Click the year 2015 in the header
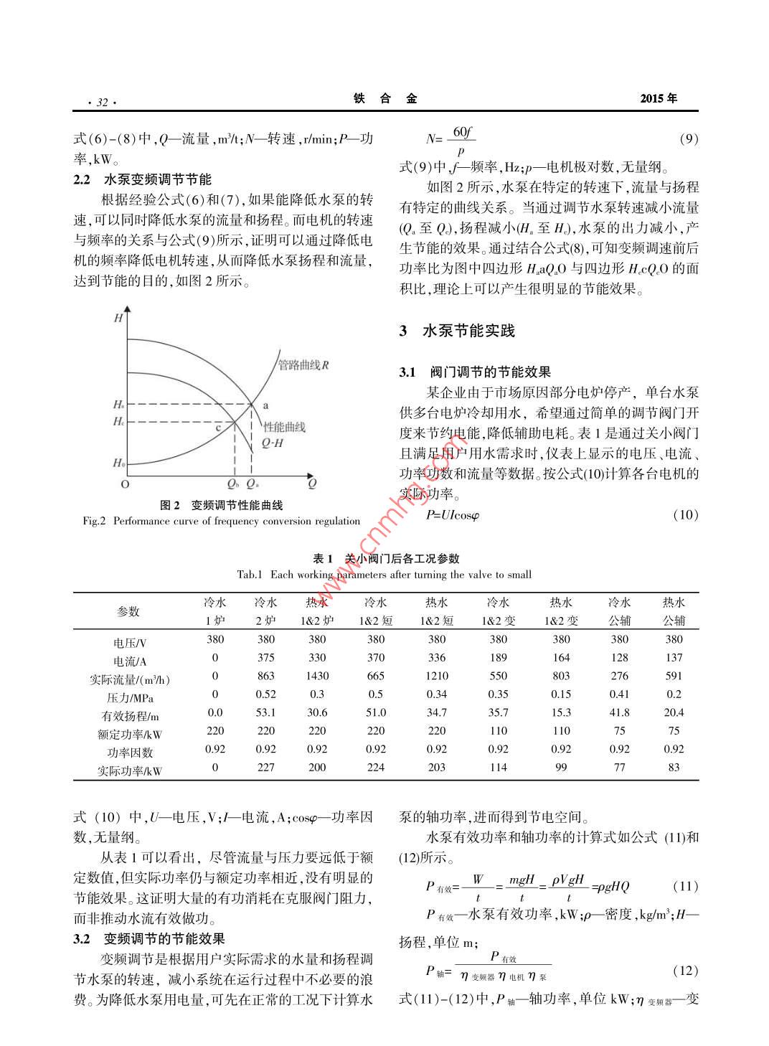pyautogui.click(x=653, y=98)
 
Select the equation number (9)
pyautogui.click(x=688, y=139)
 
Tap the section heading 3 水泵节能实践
pyautogui.click(x=458, y=331)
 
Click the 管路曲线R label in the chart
pyautogui.click(x=303, y=365)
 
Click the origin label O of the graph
pyautogui.click(x=125, y=484)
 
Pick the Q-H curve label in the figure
pyautogui.click(x=272, y=443)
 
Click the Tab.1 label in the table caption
pyautogui.click(x=250, y=575)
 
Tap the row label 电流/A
pyautogui.click(x=129, y=661)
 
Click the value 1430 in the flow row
pyautogui.click(x=316, y=676)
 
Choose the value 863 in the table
pyautogui.click(x=265, y=676)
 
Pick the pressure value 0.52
pyautogui.click(x=265, y=694)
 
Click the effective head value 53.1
pyautogui.click(x=265, y=712)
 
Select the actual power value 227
pyautogui.click(x=265, y=768)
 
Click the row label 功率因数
pyautogui.click(x=129, y=753)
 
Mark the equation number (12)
pyautogui.click(x=685, y=971)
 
